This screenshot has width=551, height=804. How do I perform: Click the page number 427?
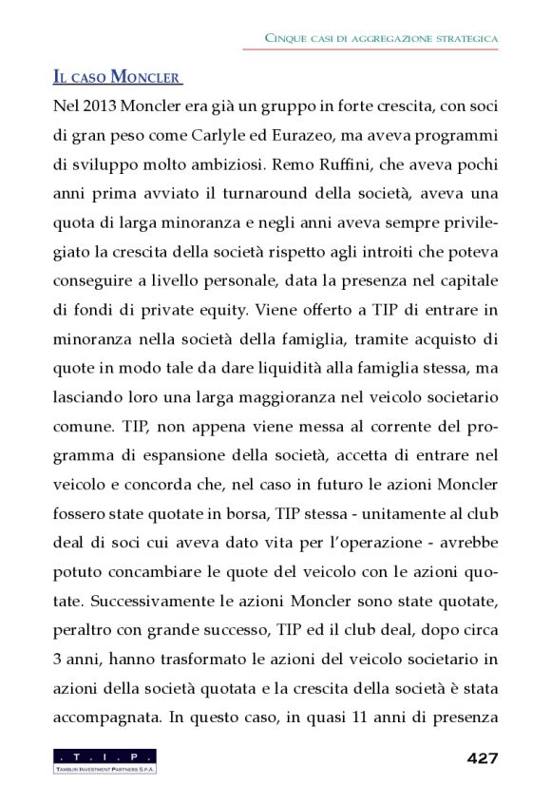[483, 757]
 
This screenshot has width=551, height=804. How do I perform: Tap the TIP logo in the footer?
[105, 760]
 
